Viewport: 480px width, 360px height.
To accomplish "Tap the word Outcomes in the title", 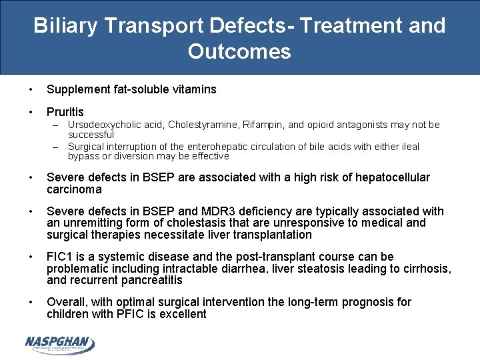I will click(239, 51).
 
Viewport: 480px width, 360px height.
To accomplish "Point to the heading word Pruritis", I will click(65, 112).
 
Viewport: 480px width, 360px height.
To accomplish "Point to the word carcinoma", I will click(74, 189).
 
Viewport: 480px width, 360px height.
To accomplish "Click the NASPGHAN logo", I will click(59, 343).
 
